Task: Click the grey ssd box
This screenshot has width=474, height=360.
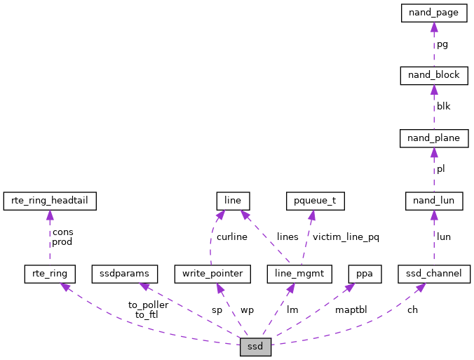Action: [255, 347]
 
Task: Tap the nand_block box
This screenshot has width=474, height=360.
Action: [433, 75]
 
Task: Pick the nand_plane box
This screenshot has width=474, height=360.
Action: [433, 138]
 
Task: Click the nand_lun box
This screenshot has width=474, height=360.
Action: [433, 201]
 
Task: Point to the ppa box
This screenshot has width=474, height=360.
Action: [364, 272]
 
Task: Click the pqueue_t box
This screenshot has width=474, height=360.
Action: [315, 201]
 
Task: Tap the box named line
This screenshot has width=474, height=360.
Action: [233, 201]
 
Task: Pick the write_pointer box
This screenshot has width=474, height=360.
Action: [212, 272]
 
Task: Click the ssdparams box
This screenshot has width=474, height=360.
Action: [125, 272]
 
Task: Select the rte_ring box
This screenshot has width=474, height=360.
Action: [49, 272]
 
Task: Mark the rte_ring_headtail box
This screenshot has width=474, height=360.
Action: [49, 201]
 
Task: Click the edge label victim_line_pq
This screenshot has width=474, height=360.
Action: [346, 237]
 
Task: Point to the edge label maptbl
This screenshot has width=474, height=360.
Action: [351, 309]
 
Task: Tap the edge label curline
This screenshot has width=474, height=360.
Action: [231, 237]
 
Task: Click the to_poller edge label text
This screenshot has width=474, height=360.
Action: [148, 305]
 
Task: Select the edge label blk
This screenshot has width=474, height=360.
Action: [444, 107]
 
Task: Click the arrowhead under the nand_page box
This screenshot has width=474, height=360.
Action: [433, 27]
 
